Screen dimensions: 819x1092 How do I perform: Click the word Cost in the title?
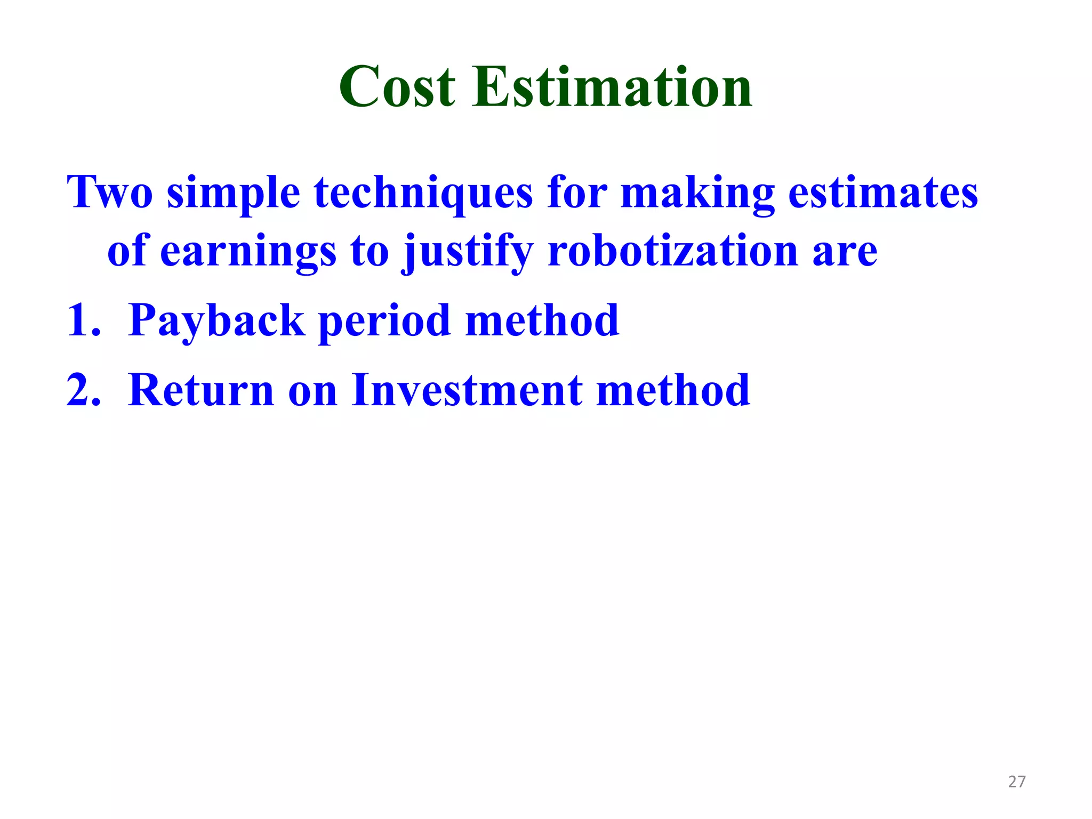[397, 87]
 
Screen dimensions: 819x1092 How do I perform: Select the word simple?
[234, 193]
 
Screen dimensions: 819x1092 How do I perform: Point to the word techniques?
[423, 193]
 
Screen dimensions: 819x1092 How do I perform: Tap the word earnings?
[248, 252]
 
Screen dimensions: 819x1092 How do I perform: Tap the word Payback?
[216, 321]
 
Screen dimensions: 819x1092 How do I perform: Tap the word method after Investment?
[673, 390]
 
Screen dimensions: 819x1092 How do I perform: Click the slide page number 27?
[1017, 782]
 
